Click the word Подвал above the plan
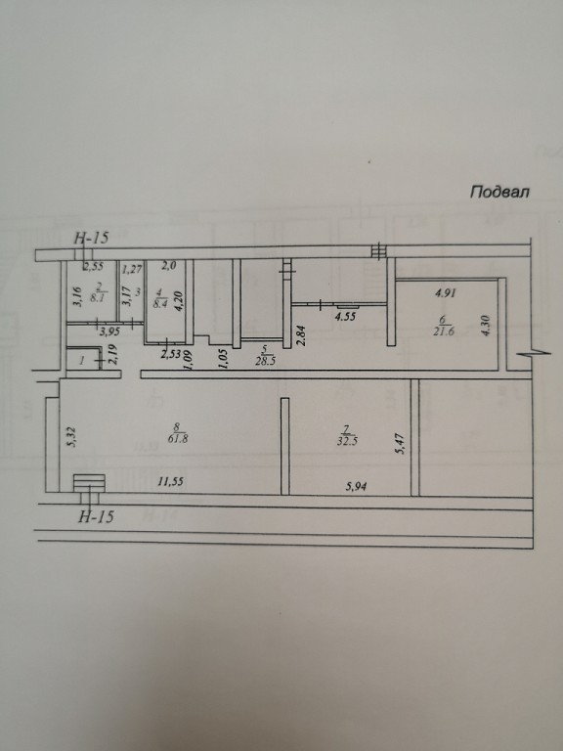coord(499,192)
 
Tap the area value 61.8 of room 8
coord(178,438)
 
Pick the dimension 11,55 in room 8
coord(170,482)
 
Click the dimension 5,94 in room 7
coord(356,487)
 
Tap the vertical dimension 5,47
coord(401,445)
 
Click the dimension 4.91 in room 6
coord(446,292)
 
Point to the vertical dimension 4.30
coord(487,325)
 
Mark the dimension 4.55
coord(346,316)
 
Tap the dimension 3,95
coord(109,331)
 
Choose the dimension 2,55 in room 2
coord(94,267)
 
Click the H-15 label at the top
coord(93,238)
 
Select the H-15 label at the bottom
coord(96,516)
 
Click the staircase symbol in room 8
coord(90,482)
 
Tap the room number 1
coord(82,361)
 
